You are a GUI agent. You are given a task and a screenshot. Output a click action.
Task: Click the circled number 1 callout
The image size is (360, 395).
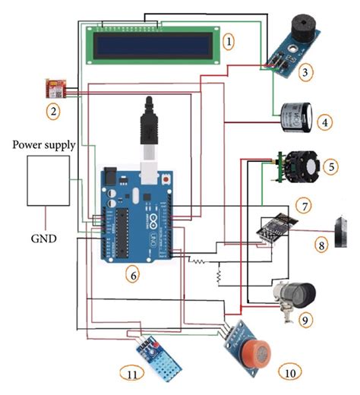tap(230, 37)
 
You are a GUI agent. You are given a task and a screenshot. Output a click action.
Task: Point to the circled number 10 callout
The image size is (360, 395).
tap(289, 372)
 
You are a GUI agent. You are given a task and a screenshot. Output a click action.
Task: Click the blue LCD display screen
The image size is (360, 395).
tap(156, 44)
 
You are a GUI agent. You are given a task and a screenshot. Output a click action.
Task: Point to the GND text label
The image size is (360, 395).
tap(41, 238)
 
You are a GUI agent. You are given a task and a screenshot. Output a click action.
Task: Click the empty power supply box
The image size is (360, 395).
tap(51, 180)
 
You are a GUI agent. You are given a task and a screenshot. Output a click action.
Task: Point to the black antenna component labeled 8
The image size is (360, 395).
tap(339, 231)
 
